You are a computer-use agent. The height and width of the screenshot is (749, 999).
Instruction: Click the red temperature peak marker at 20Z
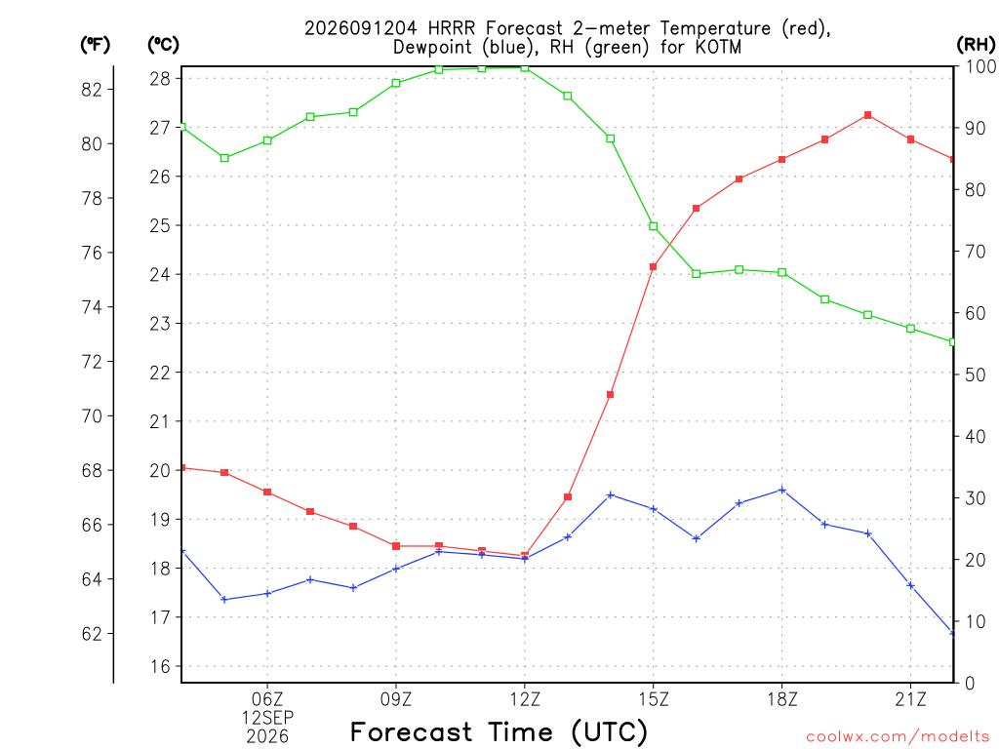point(867,115)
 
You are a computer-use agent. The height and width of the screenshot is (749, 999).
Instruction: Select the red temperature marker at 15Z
point(653,267)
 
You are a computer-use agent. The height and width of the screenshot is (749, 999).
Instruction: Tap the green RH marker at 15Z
point(653,226)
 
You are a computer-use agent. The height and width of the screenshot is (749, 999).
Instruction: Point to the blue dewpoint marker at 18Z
point(781,491)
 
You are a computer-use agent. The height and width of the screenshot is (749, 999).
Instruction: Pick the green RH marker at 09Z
point(396,83)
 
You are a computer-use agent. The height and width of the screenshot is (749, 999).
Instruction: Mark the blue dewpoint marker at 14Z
point(611,494)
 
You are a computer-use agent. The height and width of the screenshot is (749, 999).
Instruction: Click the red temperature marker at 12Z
point(525,555)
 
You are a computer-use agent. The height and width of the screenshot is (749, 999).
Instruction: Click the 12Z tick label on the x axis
point(525,700)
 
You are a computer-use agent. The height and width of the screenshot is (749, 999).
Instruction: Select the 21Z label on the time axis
point(910,700)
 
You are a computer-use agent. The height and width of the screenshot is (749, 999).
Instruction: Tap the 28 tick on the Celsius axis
point(160,78)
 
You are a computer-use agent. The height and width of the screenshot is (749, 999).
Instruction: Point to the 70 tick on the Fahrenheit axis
point(92,415)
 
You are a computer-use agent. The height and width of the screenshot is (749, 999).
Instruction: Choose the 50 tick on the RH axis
point(976,374)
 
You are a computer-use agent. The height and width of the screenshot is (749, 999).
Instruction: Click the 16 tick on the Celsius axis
point(160,666)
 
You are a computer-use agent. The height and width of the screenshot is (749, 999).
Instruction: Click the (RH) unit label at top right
point(976,45)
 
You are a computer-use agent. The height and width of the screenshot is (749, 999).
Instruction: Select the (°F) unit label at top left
point(96,45)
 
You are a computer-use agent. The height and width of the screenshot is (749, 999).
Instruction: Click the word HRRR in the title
point(452,28)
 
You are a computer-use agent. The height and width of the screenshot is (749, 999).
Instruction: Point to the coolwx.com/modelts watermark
point(898,737)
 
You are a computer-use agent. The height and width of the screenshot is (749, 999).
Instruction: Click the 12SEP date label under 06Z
point(267,719)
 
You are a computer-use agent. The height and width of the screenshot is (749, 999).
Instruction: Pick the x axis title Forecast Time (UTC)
point(499,731)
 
